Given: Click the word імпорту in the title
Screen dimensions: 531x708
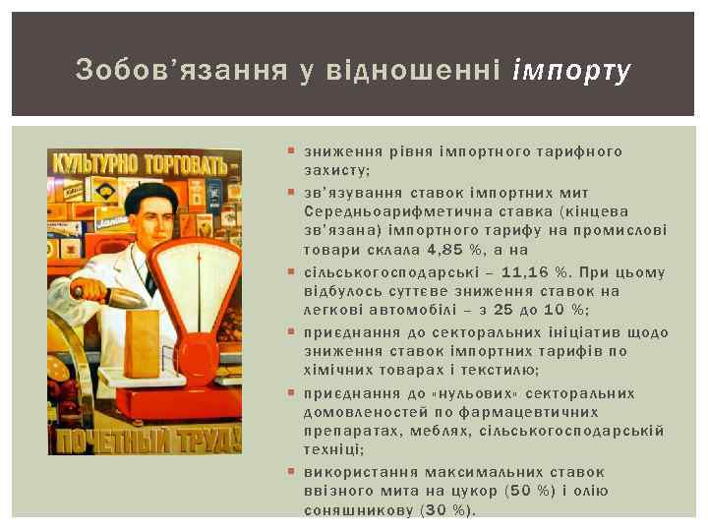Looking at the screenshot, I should click(571, 71).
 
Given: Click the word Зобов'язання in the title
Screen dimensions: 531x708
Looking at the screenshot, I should click(181, 71).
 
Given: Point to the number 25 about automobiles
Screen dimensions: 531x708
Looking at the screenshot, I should click(502, 312).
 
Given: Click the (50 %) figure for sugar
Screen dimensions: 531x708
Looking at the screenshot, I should click(531, 492).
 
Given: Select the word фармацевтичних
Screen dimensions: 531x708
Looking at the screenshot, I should click(504, 412).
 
